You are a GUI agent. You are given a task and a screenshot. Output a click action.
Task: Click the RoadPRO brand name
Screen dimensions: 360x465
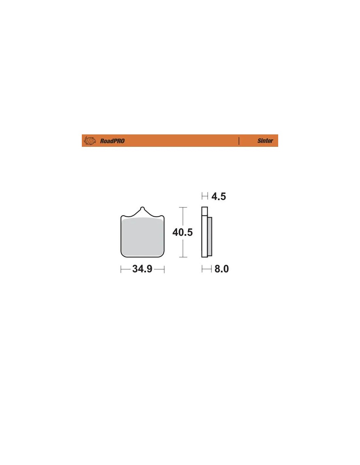pyautogui.click(x=112, y=141)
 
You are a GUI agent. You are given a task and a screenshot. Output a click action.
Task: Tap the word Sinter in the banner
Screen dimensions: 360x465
pyautogui.click(x=265, y=141)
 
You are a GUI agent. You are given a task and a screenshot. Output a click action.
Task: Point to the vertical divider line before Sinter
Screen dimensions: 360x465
pyautogui.click(x=239, y=141)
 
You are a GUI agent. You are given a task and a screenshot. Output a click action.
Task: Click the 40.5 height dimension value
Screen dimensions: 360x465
pyautogui.click(x=183, y=232)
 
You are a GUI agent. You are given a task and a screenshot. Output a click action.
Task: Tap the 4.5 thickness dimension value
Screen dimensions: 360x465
pyautogui.click(x=219, y=197)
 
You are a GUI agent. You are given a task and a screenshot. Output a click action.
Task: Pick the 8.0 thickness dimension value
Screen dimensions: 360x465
pyautogui.click(x=222, y=269)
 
